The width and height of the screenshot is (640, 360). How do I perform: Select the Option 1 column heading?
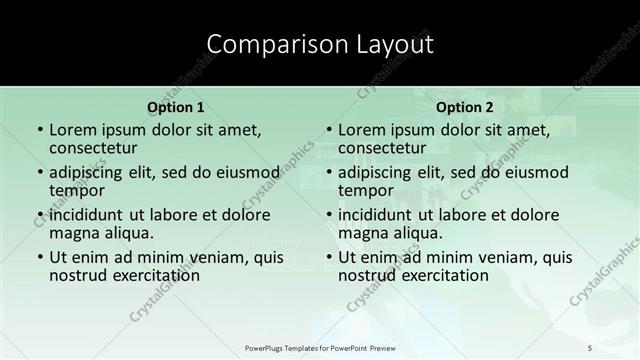pos(176,107)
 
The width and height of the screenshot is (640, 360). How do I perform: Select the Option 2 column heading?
pos(465,107)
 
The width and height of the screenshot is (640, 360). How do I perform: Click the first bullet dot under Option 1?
pos(39,131)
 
